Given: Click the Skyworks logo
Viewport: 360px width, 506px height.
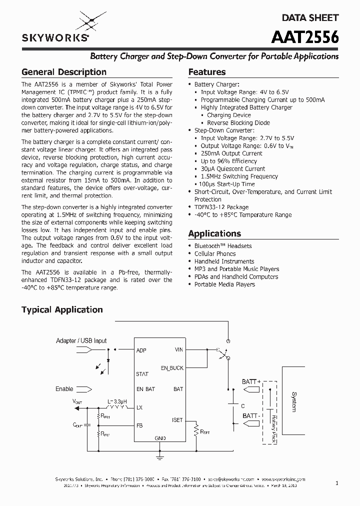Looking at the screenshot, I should [55, 27].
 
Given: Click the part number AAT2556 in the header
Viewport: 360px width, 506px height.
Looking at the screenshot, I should [305, 37].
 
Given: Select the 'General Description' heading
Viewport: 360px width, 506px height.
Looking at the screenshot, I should [63, 72].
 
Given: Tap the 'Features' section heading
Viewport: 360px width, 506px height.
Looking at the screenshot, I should [206, 72].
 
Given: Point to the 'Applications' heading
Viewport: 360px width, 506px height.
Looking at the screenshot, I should [214, 233].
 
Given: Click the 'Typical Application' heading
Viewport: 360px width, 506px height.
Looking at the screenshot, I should [62, 310].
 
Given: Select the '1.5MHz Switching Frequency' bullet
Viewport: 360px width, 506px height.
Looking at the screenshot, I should [239, 176].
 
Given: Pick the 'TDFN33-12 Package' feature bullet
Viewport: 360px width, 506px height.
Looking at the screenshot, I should [221, 207].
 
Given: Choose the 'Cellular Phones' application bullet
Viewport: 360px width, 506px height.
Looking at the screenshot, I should [215, 253].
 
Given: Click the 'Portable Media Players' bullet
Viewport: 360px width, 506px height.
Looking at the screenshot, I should [224, 284].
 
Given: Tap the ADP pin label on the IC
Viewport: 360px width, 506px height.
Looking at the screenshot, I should [141, 350].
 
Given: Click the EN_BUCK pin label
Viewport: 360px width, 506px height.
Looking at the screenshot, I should [172, 368].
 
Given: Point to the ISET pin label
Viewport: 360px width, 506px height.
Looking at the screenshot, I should [177, 420].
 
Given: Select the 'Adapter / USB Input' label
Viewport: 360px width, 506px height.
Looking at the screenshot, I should [81, 341].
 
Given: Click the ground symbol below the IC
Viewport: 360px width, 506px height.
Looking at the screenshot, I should [160, 456].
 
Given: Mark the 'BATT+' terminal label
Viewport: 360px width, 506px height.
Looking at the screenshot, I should [251, 381].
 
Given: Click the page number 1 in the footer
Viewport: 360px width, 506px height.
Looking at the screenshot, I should [337, 483].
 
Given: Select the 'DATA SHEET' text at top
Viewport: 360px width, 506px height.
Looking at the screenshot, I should [310, 17].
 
